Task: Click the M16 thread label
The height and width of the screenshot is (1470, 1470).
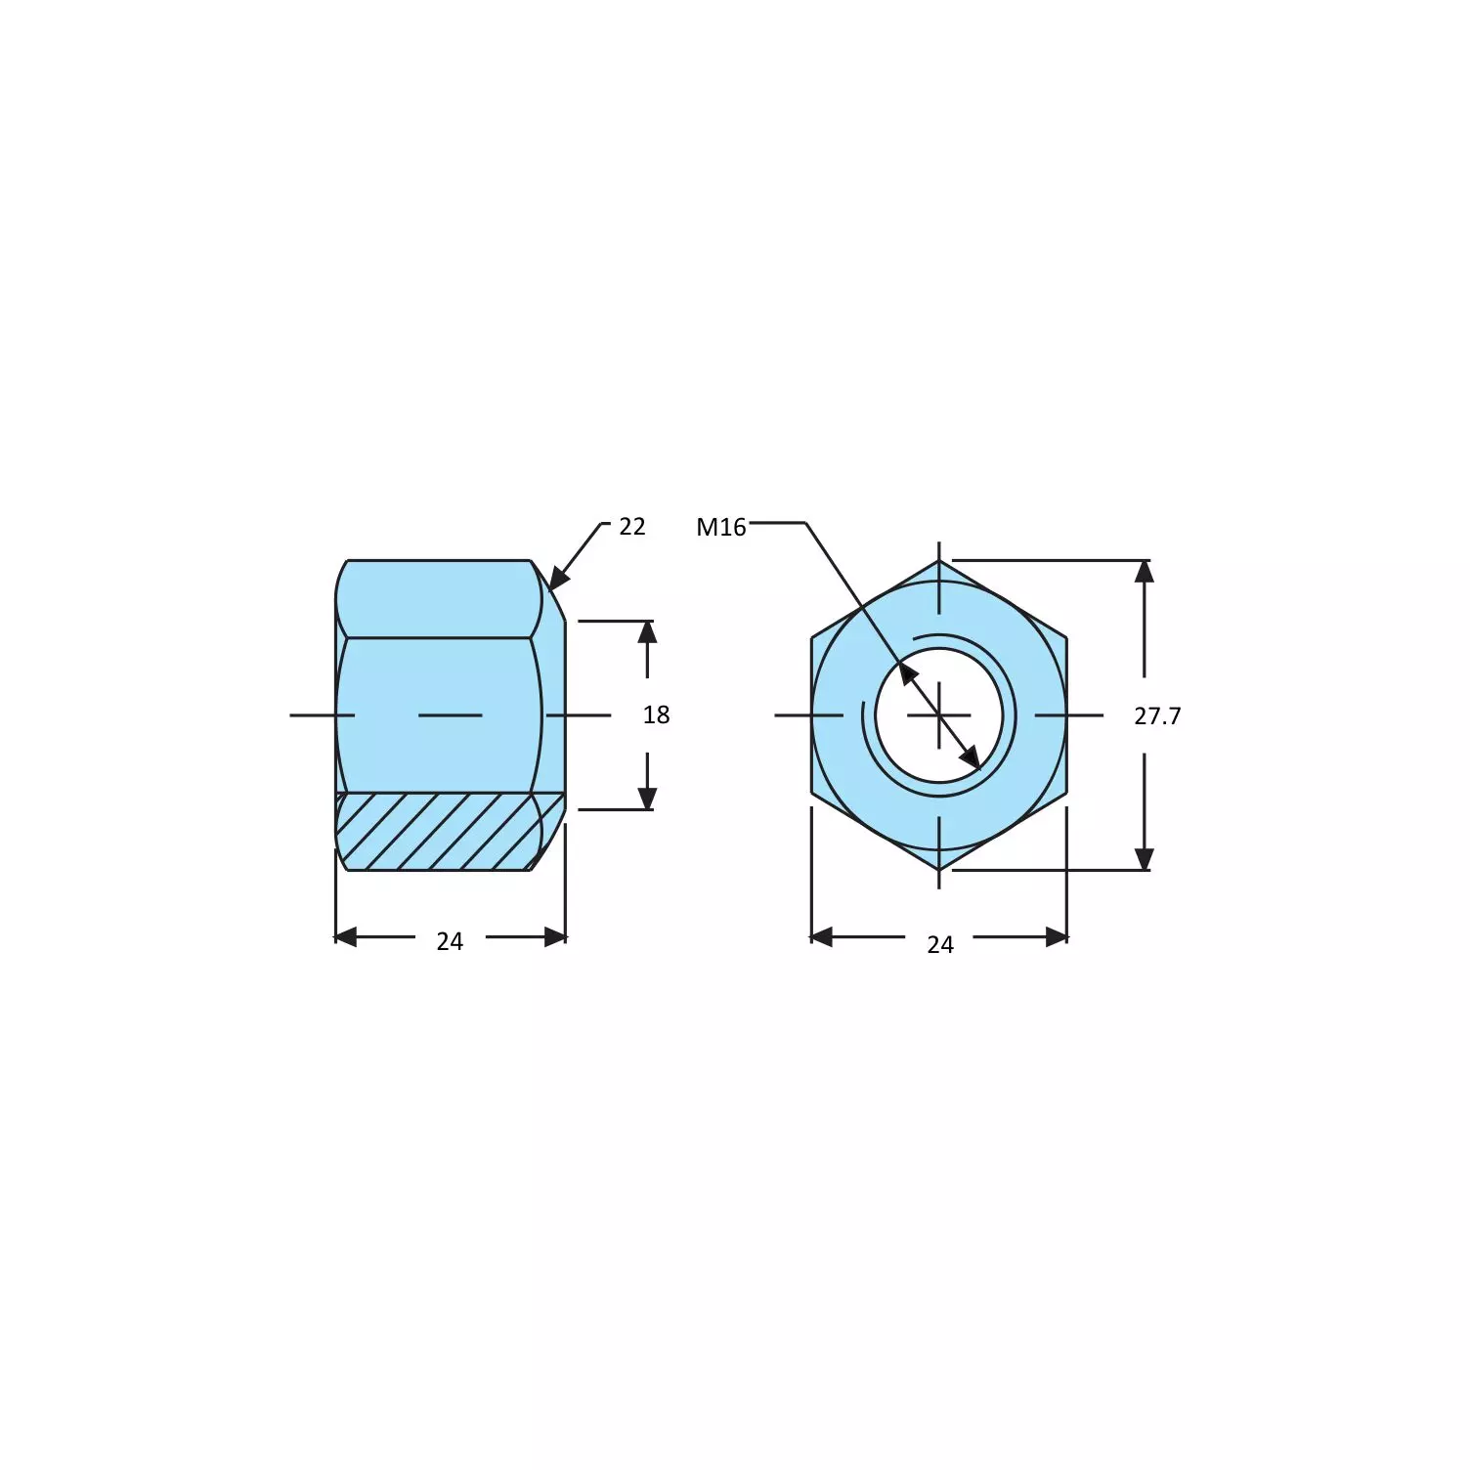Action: [x=720, y=528]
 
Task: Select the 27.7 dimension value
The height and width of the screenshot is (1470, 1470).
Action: [x=1157, y=716]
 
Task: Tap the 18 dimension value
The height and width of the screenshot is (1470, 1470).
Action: [x=656, y=715]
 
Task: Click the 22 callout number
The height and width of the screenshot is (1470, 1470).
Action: [x=632, y=527]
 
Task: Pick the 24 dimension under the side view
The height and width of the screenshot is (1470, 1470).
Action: [x=450, y=941]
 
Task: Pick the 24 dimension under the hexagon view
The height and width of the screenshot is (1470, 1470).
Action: [x=940, y=944]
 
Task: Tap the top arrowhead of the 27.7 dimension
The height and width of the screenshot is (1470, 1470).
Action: [x=1144, y=571]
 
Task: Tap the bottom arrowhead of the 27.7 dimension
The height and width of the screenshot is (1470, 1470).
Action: [x=1144, y=859]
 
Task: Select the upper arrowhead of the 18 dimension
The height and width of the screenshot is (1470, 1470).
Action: [x=647, y=631]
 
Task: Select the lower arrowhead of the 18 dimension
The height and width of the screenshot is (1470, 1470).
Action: [x=647, y=799]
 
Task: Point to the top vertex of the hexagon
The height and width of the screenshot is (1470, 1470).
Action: [x=939, y=562]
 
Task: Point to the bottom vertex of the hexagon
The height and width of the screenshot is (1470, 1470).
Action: [x=939, y=870]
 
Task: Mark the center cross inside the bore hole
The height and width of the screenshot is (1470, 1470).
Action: [x=939, y=715]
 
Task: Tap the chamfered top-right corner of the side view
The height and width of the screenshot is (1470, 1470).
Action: [x=549, y=590]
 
